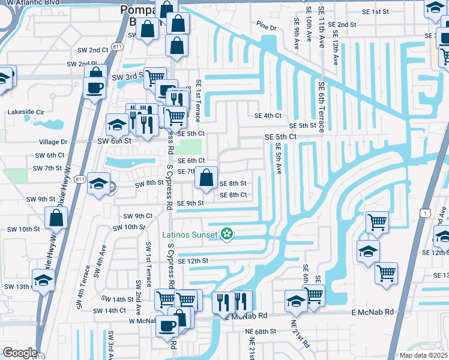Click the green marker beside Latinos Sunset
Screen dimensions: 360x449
coord(227,234)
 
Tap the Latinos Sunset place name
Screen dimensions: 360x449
coord(191,234)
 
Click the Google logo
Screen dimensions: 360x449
coord(20,352)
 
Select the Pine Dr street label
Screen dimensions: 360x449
coord(266,28)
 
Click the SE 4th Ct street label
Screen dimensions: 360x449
coord(268,116)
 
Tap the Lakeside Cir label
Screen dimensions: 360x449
coord(26,112)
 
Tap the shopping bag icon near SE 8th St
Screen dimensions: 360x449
coord(206,178)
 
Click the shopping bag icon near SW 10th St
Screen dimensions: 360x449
coord(56,218)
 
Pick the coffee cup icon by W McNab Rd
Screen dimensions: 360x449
coord(167,326)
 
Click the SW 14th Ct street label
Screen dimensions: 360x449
coord(105,310)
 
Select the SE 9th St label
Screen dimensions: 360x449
coord(191,203)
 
